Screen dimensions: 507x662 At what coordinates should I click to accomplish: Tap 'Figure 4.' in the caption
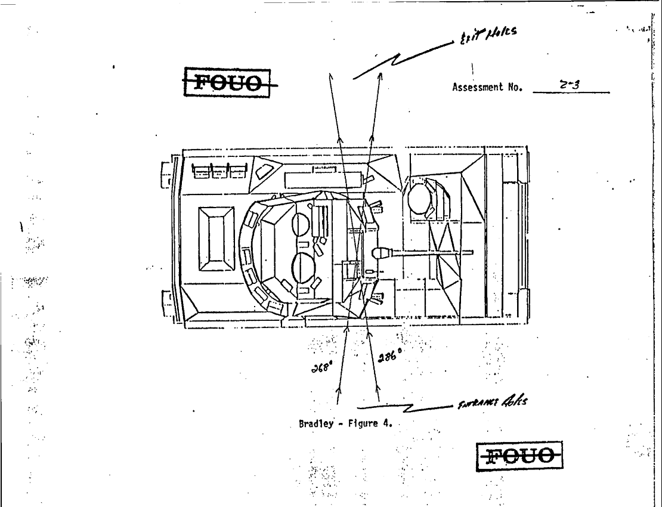370,424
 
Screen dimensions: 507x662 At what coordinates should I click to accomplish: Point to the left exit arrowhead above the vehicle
330,76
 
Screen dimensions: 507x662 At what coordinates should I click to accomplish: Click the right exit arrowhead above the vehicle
380,76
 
